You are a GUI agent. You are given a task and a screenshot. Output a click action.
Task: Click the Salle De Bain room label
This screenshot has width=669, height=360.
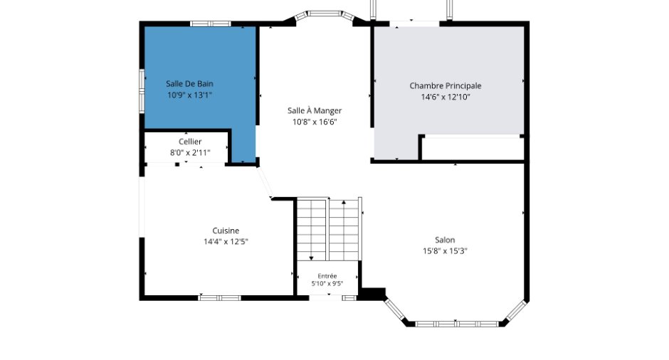pyautogui.click(x=189, y=84)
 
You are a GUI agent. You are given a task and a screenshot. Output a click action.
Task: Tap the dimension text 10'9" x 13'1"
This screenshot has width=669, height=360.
pyautogui.click(x=189, y=95)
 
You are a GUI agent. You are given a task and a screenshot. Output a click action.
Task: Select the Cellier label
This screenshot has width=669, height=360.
pyautogui.click(x=190, y=142)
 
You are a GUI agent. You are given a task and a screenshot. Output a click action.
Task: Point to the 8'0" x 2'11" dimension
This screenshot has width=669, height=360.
pyautogui.click(x=190, y=153)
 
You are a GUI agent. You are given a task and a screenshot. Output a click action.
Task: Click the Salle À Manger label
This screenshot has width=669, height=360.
pyautogui.click(x=315, y=110)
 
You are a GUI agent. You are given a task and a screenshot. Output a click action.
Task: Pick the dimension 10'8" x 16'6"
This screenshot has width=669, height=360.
pyautogui.click(x=315, y=122)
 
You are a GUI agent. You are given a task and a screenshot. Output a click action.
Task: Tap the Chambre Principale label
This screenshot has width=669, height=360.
pyautogui.click(x=446, y=86)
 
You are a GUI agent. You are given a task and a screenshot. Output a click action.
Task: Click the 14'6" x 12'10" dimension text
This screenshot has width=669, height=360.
pyautogui.click(x=446, y=97)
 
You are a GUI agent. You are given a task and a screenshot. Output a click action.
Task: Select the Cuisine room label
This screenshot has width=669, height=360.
pyautogui.click(x=226, y=231)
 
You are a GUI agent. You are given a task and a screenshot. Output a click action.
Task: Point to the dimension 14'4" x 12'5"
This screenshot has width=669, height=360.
pyautogui.click(x=226, y=242)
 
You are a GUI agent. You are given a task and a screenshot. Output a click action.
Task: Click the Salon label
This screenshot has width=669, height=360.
pyautogui.click(x=445, y=240)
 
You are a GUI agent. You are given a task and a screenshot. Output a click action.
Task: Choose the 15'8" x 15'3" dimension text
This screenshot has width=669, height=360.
pyautogui.click(x=445, y=251)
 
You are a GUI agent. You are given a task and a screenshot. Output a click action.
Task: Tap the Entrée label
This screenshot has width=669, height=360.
pyautogui.click(x=327, y=276)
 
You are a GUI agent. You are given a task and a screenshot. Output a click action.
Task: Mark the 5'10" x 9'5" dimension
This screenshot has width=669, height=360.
pyautogui.click(x=327, y=283)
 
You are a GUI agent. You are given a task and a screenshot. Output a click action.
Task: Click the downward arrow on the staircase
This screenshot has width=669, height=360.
pyautogui.click(x=312, y=230)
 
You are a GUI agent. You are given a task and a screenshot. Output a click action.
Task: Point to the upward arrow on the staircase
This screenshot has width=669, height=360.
pyautogui.click(x=344, y=230)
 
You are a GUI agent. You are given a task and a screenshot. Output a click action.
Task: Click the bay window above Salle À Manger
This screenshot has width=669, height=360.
pyautogui.click(x=325, y=14)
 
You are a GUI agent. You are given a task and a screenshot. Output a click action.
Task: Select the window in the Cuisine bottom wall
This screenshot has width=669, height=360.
pyautogui.click(x=220, y=297)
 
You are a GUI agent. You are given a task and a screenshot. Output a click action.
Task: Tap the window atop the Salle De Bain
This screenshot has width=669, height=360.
pyautogui.click(x=211, y=23)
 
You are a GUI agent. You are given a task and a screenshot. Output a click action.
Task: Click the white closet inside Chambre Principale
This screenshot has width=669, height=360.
pyautogui.click(x=473, y=148)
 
